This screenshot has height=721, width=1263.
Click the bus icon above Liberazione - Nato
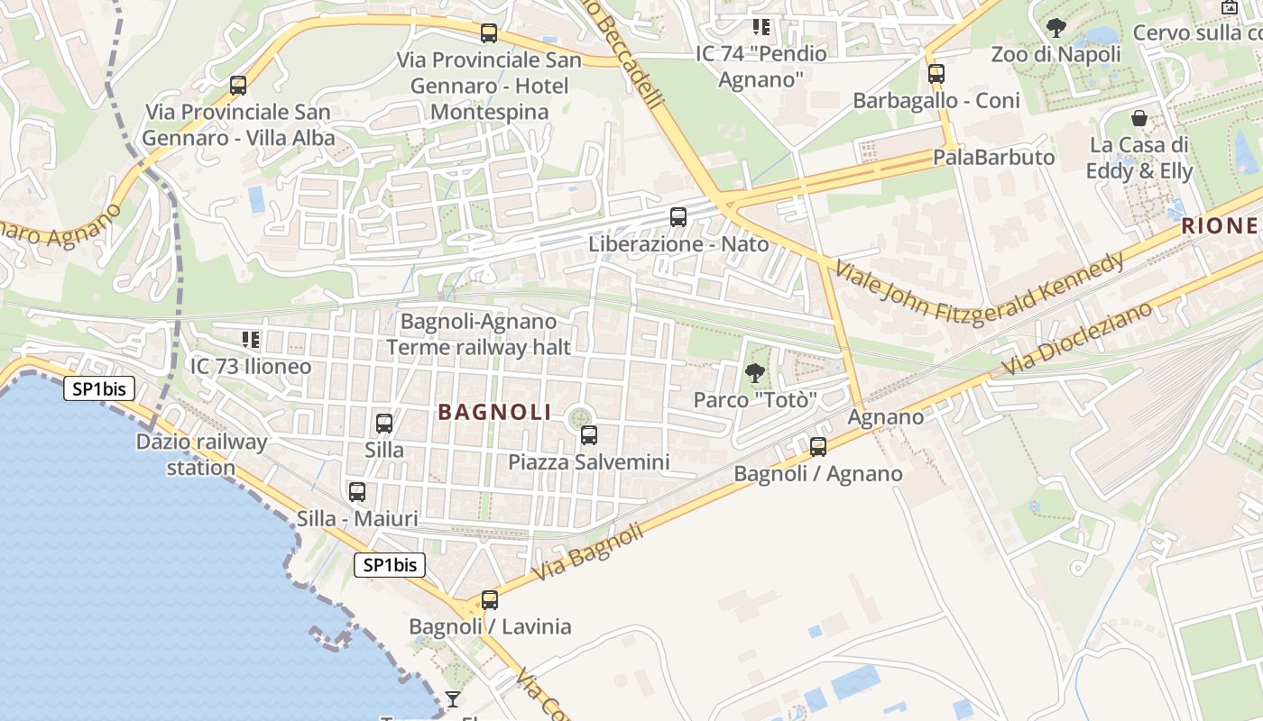[678, 217]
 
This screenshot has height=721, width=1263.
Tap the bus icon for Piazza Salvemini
[589, 435]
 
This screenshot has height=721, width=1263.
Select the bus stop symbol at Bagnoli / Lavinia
[489, 599]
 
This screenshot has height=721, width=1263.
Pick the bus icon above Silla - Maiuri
[357, 492]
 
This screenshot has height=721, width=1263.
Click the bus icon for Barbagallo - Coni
[936, 74]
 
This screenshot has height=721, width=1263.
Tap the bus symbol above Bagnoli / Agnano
[818, 446]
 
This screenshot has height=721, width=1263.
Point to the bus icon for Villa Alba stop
[238, 86]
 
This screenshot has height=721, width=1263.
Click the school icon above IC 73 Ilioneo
[251, 340]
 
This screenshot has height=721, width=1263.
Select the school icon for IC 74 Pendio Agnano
[761, 27]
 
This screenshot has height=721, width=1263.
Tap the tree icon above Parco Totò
[755, 372]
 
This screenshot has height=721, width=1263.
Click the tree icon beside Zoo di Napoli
[1056, 28]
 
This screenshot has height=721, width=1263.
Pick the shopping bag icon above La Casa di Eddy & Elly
[1139, 118]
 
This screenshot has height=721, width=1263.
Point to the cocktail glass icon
[452, 699]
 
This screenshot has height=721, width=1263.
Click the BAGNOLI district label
[494, 412]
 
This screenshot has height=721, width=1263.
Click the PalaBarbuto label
[993, 157]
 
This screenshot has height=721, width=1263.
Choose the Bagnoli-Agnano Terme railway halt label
[479, 333]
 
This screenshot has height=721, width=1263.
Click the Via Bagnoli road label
[588, 552]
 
